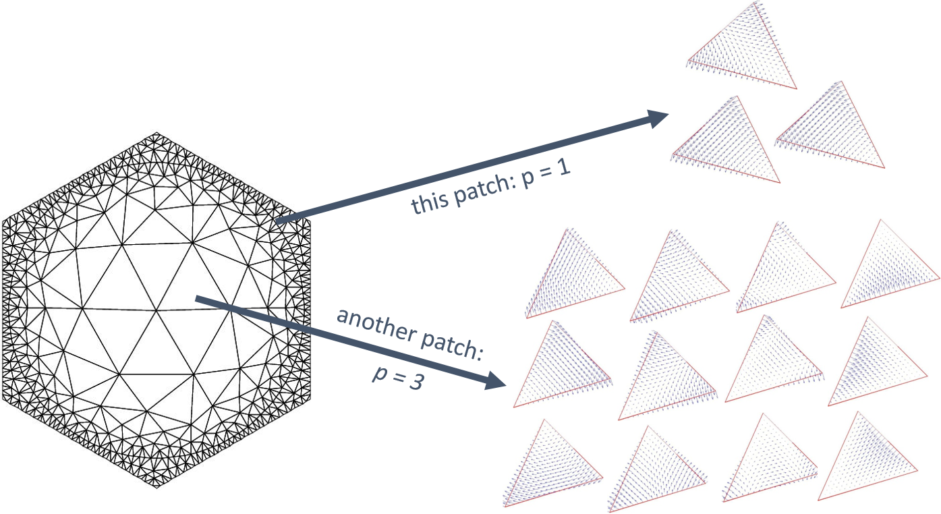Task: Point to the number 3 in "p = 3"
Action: (416, 381)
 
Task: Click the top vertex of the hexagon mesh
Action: (156, 133)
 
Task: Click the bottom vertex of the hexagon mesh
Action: (156, 488)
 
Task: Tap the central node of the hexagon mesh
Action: (156, 311)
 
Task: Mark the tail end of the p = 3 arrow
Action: (196, 298)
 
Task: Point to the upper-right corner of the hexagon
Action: (310, 220)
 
